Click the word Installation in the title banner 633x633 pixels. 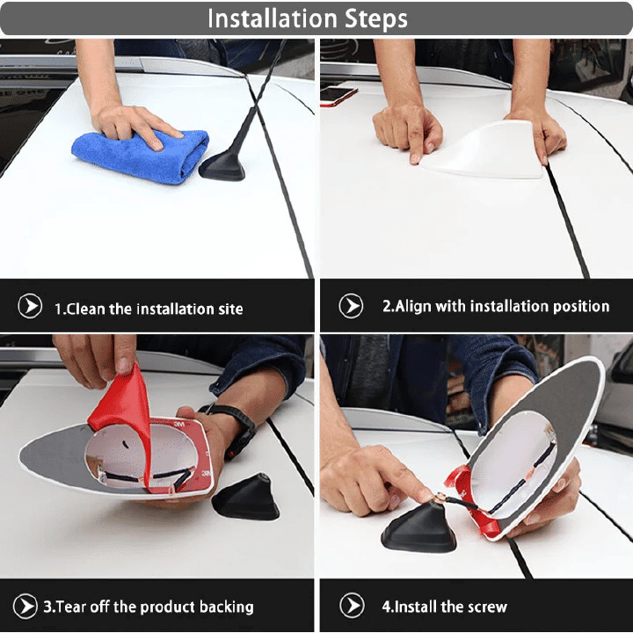point(272,18)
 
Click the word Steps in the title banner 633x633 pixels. point(376,19)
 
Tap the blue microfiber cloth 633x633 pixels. point(141,156)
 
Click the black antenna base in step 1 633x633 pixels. point(222,165)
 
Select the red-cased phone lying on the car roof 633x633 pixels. point(338,96)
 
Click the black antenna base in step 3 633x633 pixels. point(246,498)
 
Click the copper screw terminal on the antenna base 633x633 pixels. point(440,498)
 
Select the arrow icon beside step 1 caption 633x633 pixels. point(30,306)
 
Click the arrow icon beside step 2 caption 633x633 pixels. point(351,306)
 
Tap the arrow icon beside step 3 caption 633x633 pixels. point(25,606)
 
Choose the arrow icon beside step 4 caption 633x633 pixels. point(352,606)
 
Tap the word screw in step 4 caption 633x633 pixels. point(487,607)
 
